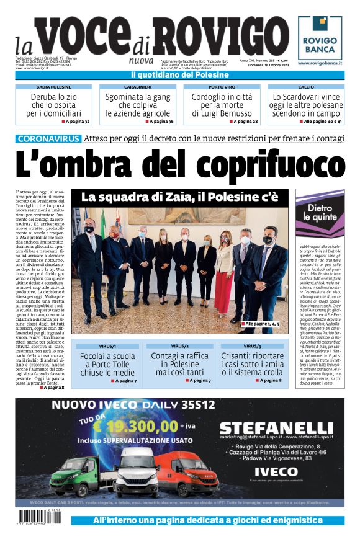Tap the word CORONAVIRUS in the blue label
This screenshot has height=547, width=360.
coord(48,139)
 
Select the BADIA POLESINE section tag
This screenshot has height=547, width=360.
coord(54,87)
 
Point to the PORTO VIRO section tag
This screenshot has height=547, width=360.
coord(222,87)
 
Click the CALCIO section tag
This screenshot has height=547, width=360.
coord(306,87)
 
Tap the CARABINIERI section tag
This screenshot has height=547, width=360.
coord(138,87)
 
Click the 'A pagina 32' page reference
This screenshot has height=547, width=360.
coord(76,122)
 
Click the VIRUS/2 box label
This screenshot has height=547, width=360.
coord(179,345)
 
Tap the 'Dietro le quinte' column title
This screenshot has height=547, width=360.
coord(320,213)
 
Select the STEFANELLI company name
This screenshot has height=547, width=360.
coord(276,429)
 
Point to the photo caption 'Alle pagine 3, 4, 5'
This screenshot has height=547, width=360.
coord(261,324)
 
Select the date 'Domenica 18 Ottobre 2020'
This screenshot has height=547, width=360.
coord(271,64)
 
